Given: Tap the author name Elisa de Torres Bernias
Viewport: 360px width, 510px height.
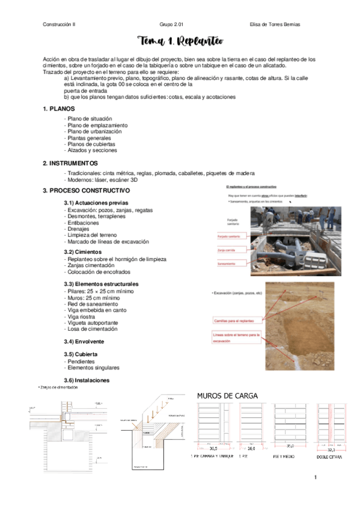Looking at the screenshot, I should pyautogui.click(x=274, y=24).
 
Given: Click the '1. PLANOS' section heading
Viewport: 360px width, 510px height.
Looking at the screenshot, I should pyautogui.click(x=59, y=109).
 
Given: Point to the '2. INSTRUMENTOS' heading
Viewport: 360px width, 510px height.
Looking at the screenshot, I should pyautogui.click(x=71, y=164).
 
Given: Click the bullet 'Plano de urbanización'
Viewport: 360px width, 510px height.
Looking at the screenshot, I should pyautogui.click(x=95, y=131).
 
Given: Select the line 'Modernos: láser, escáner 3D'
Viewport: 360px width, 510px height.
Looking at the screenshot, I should pyautogui.click(x=102, y=180).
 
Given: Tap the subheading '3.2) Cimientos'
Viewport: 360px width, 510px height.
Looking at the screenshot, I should pyautogui.click(x=82, y=252).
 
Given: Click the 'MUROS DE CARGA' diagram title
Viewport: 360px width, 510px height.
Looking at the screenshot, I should pyautogui.click(x=228, y=396).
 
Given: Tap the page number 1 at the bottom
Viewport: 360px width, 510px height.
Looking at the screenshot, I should pyautogui.click(x=314, y=478).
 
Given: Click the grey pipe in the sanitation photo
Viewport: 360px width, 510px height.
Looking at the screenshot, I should pyautogui.click(x=282, y=247).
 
